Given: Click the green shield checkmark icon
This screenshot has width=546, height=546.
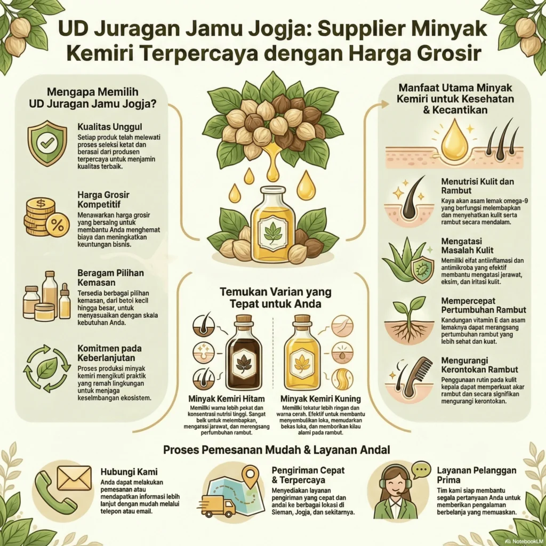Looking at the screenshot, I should coord(47,142).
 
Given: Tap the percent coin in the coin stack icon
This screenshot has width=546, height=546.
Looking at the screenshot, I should coord(57,224).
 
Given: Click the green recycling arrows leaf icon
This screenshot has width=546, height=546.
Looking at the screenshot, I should coord(47,368).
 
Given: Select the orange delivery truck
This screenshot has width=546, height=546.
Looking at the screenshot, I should coord(218,505).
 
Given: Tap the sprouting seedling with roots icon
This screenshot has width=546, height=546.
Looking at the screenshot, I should coord(408,320).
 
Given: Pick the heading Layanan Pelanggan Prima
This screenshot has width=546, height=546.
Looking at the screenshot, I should coord(476,476).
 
